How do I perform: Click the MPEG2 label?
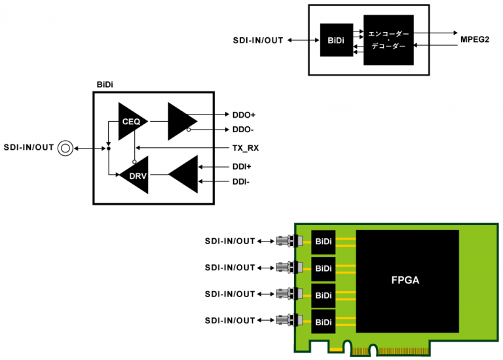pos(475,40)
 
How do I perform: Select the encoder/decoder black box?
pos(389,40)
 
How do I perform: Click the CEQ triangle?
pos(131,120)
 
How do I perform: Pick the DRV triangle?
pos(134,175)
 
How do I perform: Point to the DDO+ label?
pos(244,115)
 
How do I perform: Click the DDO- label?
pos(243,130)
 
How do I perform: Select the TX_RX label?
pos(245,148)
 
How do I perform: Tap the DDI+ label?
pos(242,166)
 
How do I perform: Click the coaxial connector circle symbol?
pos(65,148)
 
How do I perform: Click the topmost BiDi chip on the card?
pos(323,242)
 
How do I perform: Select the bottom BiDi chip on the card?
pos(323,321)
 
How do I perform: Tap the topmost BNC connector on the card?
pos(286,241)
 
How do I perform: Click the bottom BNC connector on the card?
pos(286,320)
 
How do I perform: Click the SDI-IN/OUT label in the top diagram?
pos(258,40)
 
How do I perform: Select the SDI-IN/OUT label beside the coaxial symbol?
pos(28,147)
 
